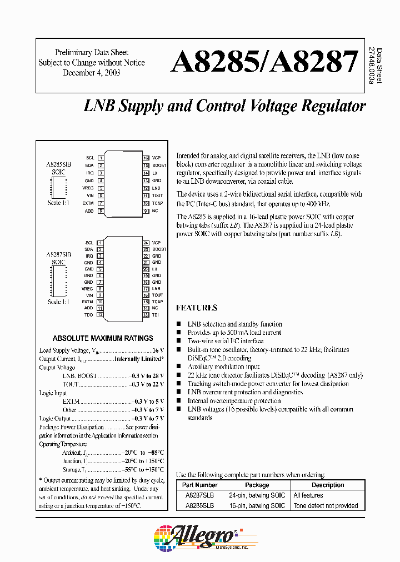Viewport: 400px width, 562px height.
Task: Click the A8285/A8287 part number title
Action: tap(264, 63)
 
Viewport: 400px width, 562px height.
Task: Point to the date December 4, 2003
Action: tap(91, 73)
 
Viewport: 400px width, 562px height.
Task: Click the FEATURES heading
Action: tap(197, 308)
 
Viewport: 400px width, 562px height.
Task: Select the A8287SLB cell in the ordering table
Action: tap(199, 495)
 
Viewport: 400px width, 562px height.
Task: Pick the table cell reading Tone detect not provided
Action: tap(326, 505)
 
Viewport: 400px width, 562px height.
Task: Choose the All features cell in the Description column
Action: tap(308, 495)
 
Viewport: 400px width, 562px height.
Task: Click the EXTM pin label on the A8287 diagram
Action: tap(88, 302)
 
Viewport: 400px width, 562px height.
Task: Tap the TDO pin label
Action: tap(89, 315)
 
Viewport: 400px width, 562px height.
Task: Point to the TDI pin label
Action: tap(156, 315)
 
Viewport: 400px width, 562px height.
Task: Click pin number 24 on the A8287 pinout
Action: tap(146, 243)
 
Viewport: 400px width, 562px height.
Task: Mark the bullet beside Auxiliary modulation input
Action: tap(179, 367)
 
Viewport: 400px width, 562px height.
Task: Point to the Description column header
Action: tap(328, 485)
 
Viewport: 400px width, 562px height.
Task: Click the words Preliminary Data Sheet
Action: tap(91, 52)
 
